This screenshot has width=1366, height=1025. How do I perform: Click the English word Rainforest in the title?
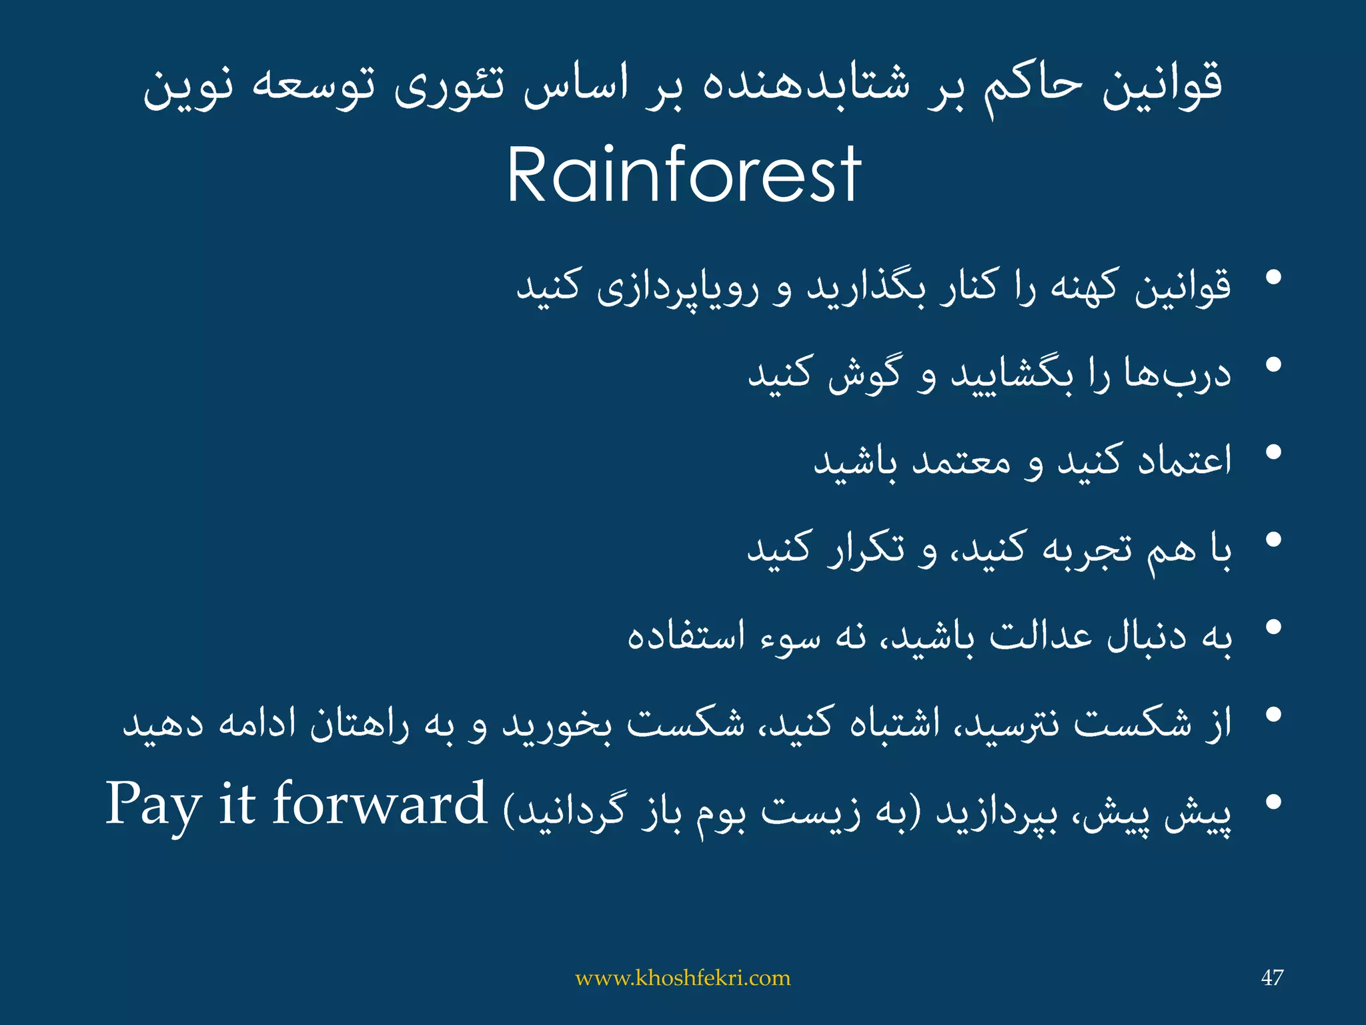click(x=684, y=175)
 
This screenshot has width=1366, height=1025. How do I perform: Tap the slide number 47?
click(x=1272, y=978)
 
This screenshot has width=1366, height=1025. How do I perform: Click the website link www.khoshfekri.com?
click(x=682, y=978)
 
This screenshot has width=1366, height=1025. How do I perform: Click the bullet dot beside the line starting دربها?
click(x=1273, y=364)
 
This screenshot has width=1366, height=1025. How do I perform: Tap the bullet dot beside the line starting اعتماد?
click(x=1273, y=452)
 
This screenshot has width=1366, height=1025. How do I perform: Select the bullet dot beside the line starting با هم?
click(x=1273, y=540)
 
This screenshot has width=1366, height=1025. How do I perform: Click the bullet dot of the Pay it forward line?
click(x=1273, y=803)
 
